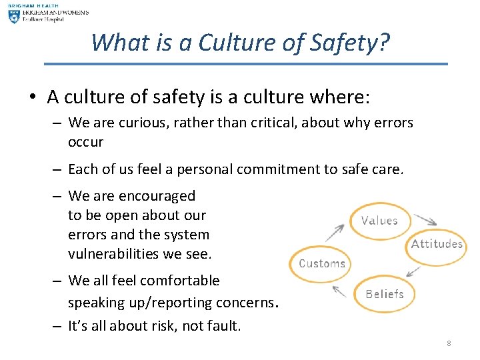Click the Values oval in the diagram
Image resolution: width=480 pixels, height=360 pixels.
point(379,221)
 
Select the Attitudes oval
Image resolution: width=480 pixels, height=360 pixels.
point(437,244)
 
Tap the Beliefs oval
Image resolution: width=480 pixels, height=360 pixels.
point(385,293)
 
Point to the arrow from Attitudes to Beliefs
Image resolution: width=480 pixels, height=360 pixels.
point(414,271)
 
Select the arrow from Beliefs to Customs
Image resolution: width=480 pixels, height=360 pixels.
point(339,292)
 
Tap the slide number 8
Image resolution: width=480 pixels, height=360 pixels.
point(449,343)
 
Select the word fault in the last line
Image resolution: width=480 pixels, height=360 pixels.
point(224,326)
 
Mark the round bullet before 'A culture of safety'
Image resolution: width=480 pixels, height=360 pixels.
point(33,97)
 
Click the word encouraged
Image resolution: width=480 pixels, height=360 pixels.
point(157,196)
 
